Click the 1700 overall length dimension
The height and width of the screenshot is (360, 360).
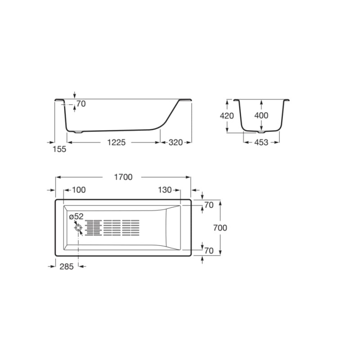click(123, 177)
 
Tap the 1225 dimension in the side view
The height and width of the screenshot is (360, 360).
click(117, 142)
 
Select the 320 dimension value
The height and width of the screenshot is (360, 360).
click(175, 142)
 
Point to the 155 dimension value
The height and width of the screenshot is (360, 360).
click(59, 149)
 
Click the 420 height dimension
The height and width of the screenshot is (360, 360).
click(227, 116)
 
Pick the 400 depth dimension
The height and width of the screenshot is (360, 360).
click(261, 115)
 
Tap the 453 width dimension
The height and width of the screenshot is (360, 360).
click(261, 142)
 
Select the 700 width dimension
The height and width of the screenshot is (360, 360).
click(220, 228)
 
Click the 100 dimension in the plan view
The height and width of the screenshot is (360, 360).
click(79, 190)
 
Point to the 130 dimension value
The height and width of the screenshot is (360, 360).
click(165, 190)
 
